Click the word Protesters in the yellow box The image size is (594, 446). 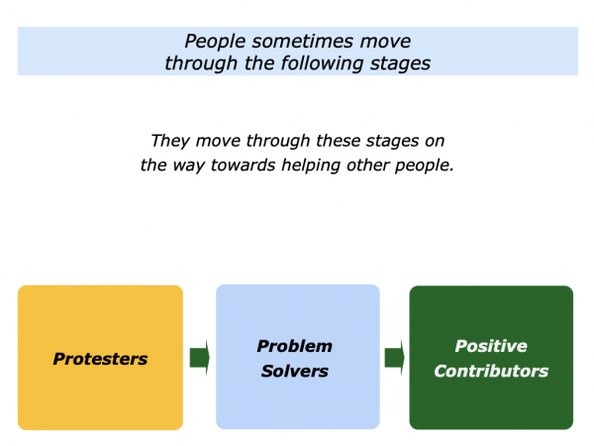point(100,359)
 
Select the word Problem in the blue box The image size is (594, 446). point(295,346)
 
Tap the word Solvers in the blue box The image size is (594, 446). point(295,371)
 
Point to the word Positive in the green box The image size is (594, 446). point(491,346)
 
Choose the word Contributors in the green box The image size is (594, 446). point(491,371)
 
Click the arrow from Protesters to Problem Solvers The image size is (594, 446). point(200,357)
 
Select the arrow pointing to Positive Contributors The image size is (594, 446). point(394,357)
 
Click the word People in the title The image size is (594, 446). point(215,42)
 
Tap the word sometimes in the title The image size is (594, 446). point(303,41)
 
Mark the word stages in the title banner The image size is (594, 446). point(400,63)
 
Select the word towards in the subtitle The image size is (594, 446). point(243,165)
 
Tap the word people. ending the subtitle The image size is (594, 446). point(424,166)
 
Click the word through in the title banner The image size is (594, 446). point(201,63)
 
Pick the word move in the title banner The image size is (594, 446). point(386,42)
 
